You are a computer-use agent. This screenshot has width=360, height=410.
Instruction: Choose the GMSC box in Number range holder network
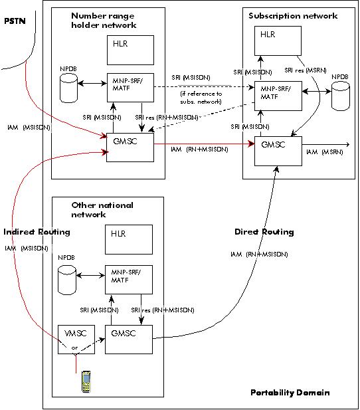(x=129, y=146)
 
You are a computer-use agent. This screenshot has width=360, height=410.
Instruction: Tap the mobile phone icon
(x=85, y=383)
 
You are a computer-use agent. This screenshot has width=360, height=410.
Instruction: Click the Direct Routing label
(x=264, y=232)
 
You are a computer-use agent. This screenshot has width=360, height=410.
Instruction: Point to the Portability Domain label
(x=290, y=392)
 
